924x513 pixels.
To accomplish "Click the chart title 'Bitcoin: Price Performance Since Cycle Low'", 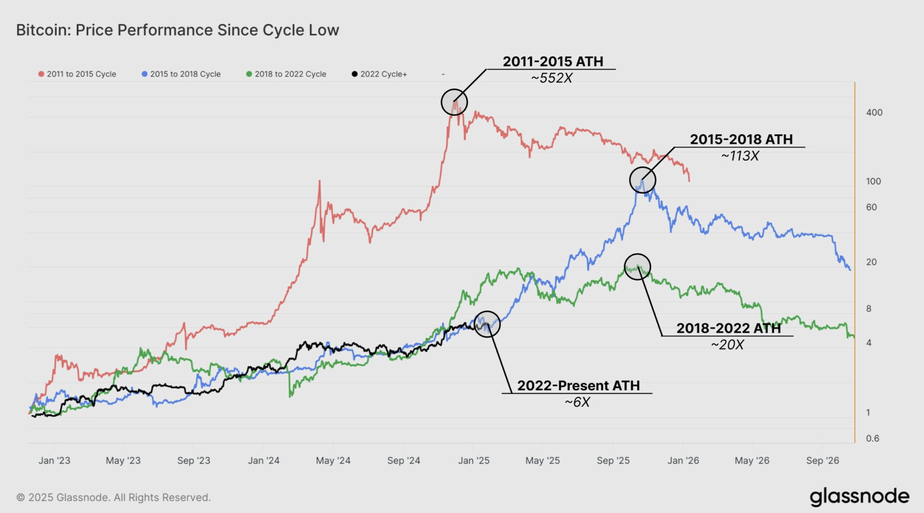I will (178, 30).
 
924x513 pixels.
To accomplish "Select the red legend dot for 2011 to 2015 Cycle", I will (41, 74).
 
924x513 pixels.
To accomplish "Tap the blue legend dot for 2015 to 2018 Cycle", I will (144, 74).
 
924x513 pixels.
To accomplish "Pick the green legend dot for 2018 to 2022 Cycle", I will (249, 74).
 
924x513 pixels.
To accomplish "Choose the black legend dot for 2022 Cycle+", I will (355, 74).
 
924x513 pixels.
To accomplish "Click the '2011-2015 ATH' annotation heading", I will (552, 62).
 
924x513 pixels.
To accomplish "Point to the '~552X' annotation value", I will (552, 78).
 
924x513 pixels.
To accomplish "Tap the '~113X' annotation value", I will (740, 156).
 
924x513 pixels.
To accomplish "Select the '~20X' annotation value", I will (727, 345).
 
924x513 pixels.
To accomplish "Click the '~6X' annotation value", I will (577, 402).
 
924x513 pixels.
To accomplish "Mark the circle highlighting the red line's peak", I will (454, 102).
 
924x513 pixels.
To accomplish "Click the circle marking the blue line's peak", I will (642, 180).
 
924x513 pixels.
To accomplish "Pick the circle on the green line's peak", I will (637, 267).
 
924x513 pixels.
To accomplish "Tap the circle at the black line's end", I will (487, 324).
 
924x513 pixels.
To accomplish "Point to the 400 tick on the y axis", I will (874, 113).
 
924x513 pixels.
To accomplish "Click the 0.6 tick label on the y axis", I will (872, 438).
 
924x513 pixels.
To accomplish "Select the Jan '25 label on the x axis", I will (474, 461).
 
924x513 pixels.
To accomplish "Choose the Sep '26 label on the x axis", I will (822, 461).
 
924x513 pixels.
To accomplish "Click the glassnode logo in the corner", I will (859, 497).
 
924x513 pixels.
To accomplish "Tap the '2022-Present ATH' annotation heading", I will (578, 386).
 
